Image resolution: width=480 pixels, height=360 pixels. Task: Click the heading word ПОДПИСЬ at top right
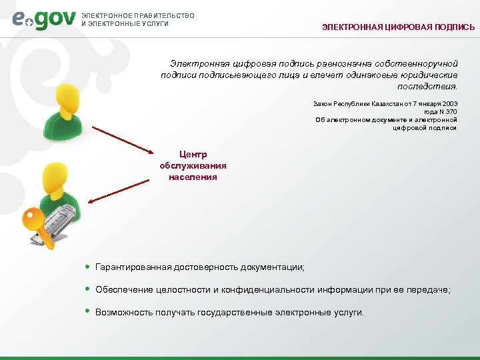(x=453, y=28)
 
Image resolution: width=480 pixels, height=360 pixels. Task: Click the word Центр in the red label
(x=193, y=155)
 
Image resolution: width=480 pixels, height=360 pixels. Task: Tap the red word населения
(x=193, y=177)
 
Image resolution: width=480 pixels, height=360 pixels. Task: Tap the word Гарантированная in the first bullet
(x=133, y=267)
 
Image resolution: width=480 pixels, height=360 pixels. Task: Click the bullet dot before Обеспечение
(x=88, y=289)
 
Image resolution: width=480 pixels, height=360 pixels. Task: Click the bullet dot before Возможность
(x=88, y=311)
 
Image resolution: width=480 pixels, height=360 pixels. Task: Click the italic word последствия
(x=427, y=86)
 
